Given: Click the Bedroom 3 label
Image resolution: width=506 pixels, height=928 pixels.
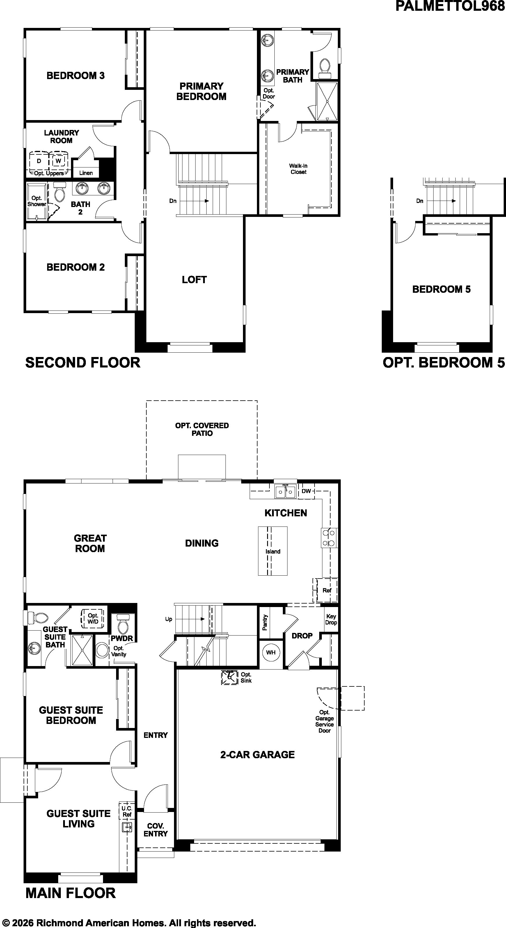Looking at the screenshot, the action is pyautogui.click(x=75, y=76).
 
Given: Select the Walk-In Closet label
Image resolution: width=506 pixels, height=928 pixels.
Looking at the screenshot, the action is pyautogui.click(x=298, y=169).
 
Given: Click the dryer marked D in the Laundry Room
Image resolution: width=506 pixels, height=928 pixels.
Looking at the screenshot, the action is pyautogui.click(x=39, y=161).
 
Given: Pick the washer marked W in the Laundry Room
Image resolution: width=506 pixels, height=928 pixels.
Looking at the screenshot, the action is pyautogui.click(x=58, y=161).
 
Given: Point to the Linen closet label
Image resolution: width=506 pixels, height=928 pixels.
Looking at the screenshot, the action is pyautogui.click(x=86, y=173).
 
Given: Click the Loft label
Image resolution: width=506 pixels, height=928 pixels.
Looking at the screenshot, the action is pyautogui.click(x=194, y=280).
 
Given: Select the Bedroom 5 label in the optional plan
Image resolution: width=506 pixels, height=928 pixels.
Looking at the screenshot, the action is pyautogui.click(x=441, y=289).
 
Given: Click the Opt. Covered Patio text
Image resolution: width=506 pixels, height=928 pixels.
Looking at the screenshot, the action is pyautogui.click(x=202, y=429).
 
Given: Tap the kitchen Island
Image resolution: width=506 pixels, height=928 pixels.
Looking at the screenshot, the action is pyautogui.click(x=273, y=551).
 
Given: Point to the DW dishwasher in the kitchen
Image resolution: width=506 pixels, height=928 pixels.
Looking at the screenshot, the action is pyautogui.click(x=306, y=491).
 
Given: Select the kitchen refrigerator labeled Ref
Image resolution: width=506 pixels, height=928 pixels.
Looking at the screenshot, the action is pyautogui.click(x=327, y=590).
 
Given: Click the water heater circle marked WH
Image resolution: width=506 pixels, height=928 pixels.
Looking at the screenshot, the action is pyautogui.click(x=271, y=652).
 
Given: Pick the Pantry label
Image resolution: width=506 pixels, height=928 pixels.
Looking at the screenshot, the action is pyautogui.click(x=265, y=622).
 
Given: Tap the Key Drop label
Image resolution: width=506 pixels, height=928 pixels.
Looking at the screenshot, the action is pyautogui.click(x=331, y=619).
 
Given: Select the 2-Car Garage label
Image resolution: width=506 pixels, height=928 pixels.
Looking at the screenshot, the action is pyautogui.click(x=258, y=754).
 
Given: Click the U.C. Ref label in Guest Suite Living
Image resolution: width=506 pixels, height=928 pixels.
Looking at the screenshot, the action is pyautogui.click(x=127, y=811).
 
